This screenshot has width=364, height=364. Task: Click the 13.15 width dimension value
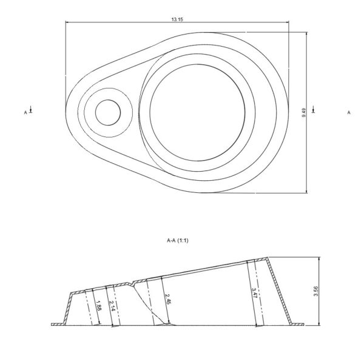point(177,20)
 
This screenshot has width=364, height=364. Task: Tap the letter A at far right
point(349,112)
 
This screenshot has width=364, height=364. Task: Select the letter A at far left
point(25,113)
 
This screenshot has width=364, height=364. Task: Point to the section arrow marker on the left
point(32,110)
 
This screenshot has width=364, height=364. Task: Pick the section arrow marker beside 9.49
point(313,110)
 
